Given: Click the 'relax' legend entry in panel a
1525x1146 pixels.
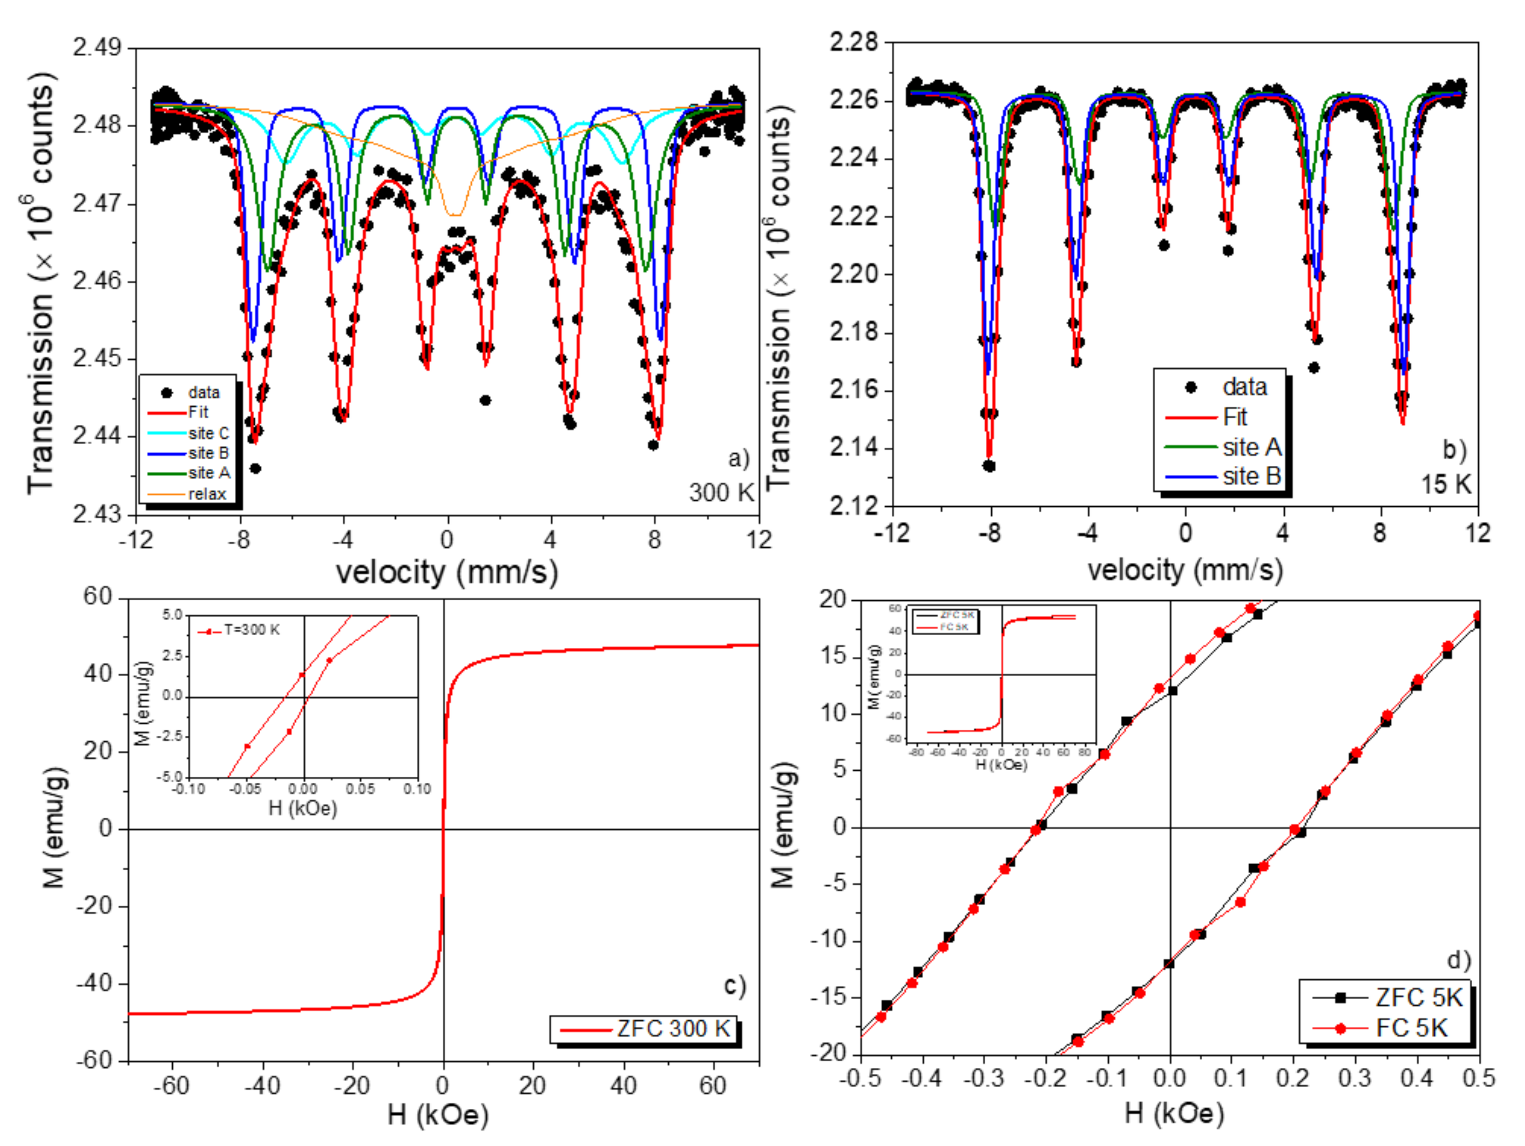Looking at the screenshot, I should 207,493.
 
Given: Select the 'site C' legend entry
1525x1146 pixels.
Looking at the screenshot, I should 208,433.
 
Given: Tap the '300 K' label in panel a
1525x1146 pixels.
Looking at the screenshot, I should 721,492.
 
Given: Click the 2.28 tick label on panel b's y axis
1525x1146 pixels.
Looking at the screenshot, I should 854,43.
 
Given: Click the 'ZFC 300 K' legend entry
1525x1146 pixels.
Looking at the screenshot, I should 672,1029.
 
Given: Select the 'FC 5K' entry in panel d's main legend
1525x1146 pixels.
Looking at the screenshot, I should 1411,1028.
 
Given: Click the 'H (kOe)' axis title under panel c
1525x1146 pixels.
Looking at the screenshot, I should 438,1114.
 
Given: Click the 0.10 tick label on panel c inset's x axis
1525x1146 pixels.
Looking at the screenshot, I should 417,788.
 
